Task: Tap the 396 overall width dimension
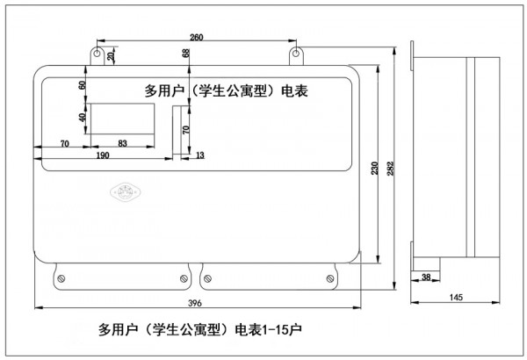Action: (195, 303)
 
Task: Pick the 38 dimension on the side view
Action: (427, 277)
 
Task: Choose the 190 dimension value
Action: (103, 155)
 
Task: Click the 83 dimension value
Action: (122, 142)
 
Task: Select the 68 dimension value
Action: (186, 54)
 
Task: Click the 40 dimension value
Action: (83, 118)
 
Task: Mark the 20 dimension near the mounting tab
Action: (111, 55)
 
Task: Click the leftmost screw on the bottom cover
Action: (61, 278)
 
